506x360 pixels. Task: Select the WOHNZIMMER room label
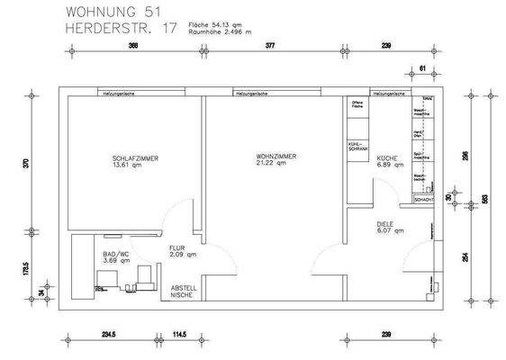(x=276, y=157)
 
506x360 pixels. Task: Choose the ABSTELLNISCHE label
(x=184, y=292)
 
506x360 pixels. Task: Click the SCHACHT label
(x=424, y=199)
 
